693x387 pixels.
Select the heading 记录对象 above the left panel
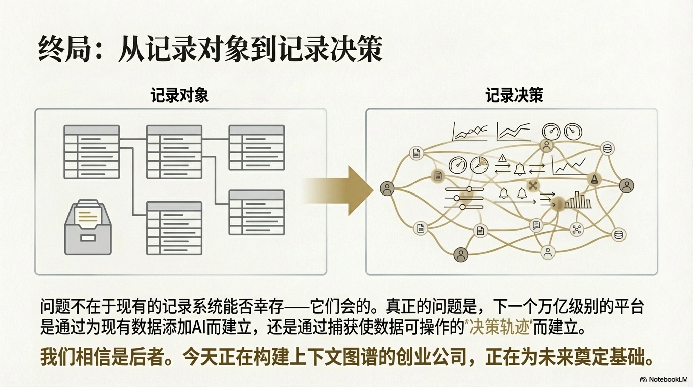[x=179, y=96]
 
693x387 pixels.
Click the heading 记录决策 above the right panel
[x=514, y=96]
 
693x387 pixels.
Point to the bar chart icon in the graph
[x=578, y=200]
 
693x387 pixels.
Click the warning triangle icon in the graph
[x=502, y=158]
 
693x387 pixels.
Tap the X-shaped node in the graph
[x=533, y=185]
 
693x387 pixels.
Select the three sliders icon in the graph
[x=464, y=198]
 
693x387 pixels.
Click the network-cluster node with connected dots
[x=576, y=230]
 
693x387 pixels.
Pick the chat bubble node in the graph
[x=536, y=225]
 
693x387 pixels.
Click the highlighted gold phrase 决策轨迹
[x=499, y=328]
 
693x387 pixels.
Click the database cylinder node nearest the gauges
[x=607, y=148]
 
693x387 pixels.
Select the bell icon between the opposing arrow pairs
[x=520, y=169]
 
